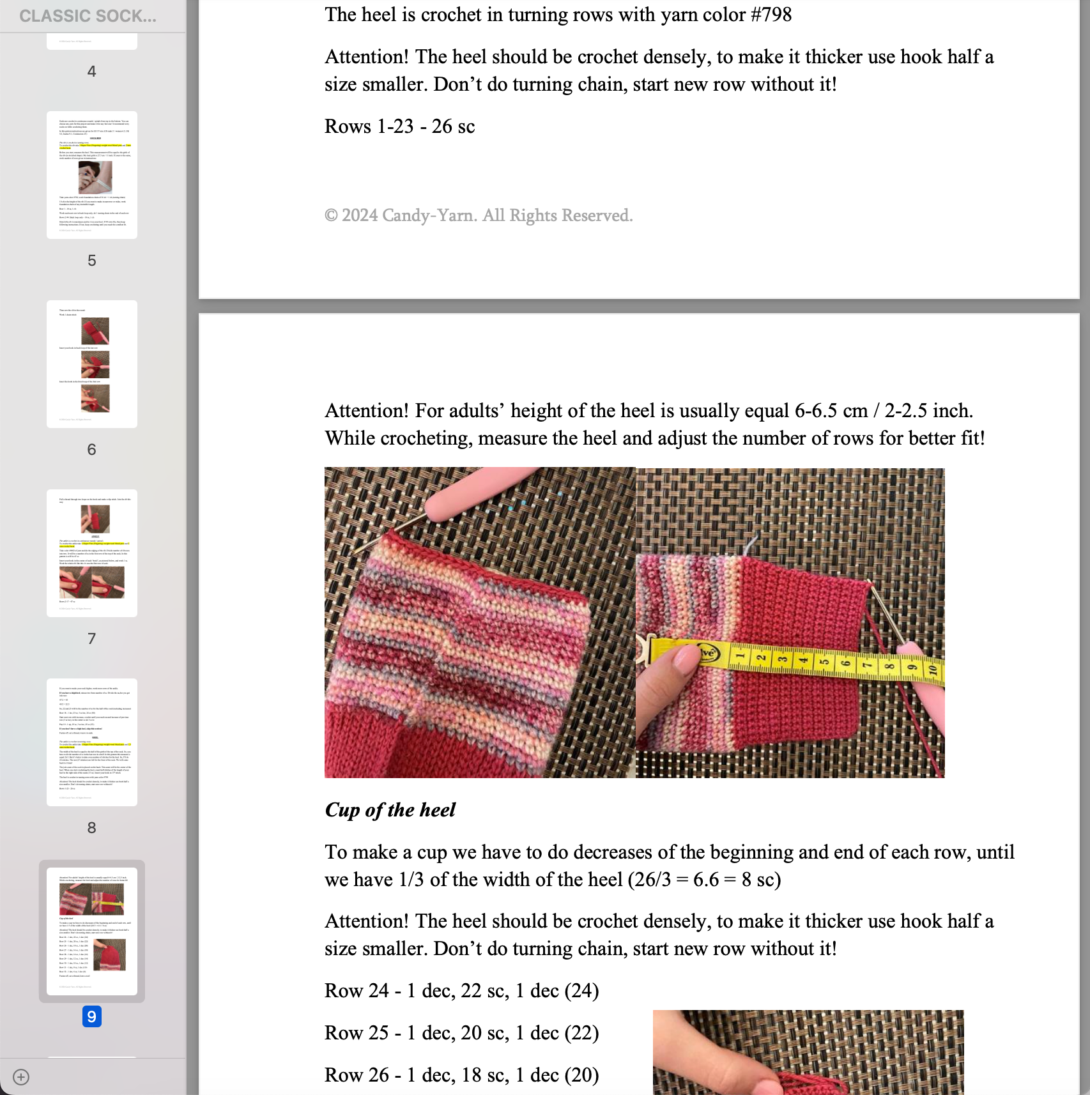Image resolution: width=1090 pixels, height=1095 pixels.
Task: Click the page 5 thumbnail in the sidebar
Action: click(x=91, y=174)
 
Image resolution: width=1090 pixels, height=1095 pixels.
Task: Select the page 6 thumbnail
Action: click(x=91, y=364)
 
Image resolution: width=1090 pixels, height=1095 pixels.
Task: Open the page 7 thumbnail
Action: click(x=91, y=553)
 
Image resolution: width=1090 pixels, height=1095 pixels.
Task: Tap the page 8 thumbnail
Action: click(x=91, y=742)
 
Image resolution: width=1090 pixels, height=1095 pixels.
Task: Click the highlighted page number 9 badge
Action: click(x=91, y=1016)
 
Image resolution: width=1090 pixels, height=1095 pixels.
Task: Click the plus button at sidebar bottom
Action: click(x=21, y=1077)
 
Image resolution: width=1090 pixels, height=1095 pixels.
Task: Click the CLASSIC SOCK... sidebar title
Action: click(x=88, y=16)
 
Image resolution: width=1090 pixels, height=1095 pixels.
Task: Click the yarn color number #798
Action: click(x=771, y=15)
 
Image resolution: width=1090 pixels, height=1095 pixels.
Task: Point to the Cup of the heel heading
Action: click(x=390, y=810)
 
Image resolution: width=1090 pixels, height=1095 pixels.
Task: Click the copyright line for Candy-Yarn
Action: click(x=478, y=215)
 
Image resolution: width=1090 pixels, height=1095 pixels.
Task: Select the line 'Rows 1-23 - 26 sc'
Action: click(x=399, y=126)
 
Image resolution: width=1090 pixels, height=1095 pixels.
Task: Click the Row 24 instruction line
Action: click(x=461, y=991)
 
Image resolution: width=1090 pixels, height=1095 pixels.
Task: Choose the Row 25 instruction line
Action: click(x=461, y=1033)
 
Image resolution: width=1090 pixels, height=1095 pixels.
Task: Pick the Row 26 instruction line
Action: click(x=461, y=1075)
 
